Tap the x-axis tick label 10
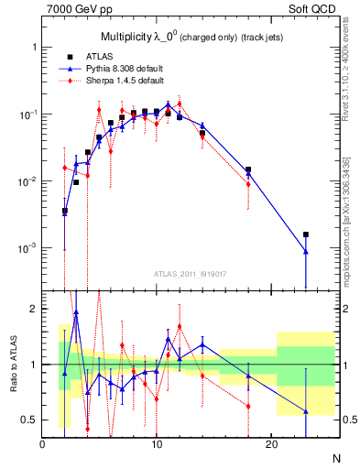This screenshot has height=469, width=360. click(x=157, y=444)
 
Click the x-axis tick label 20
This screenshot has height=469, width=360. click(x=271, y=444)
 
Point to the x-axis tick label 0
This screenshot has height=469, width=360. click(x=42, y=444)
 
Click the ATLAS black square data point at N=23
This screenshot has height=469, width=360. click(x=306, y=234)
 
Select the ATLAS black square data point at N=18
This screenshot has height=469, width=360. click(x=248, y=169)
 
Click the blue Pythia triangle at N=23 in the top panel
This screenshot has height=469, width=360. click(x=306, y=252)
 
